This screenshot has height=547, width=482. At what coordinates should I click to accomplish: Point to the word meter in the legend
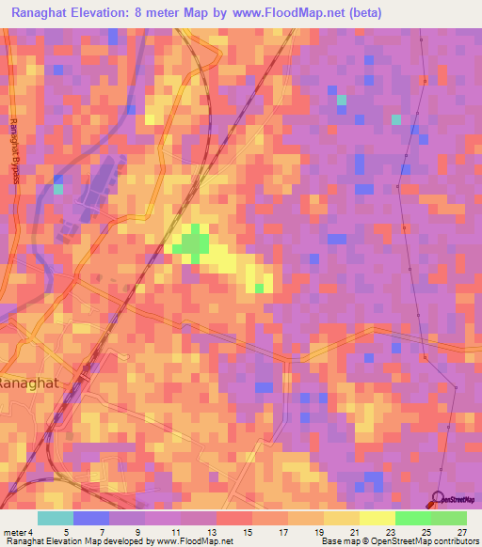17,533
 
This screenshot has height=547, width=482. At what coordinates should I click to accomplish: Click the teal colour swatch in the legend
56,518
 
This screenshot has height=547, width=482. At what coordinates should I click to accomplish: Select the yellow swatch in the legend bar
378,518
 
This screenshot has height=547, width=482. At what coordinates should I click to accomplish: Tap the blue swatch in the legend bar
91,518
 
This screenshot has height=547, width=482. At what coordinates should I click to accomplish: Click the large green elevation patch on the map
194,243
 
